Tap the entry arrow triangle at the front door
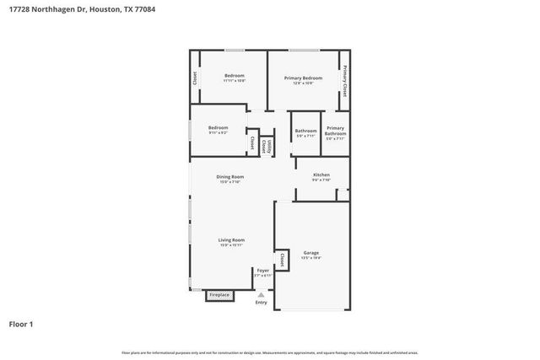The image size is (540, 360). [262, 295]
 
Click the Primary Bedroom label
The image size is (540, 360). [303, 78]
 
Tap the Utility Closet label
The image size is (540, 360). [266, 144]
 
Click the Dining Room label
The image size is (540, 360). [229, 178]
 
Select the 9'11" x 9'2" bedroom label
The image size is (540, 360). [218, 129]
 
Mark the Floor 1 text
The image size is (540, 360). [21, 324]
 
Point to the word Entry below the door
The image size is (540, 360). [262, 302]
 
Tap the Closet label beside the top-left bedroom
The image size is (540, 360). [195, 78]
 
